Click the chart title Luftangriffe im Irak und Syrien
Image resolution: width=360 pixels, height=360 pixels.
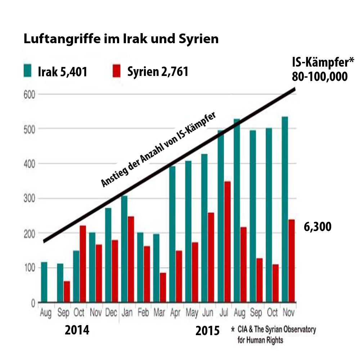pos(121,39)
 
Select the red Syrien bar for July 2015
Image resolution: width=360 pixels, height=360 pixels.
pos(227,242)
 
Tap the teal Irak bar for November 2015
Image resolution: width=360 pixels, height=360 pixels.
pos(285,209)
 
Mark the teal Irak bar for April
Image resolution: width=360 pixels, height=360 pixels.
pos(172,234)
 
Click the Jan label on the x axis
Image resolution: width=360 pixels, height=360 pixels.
pos(127,312)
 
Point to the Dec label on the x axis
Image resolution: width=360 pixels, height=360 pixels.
pos(111,312)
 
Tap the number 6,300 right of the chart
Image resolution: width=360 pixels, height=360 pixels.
pos(318,227)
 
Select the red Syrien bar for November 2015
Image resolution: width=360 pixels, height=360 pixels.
pos(292,261)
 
